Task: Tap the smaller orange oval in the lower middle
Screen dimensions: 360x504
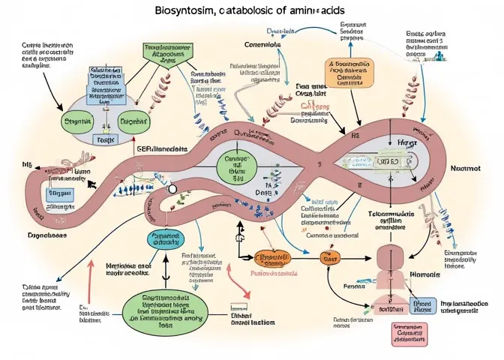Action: pyautogui.click(x=328, y=258)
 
